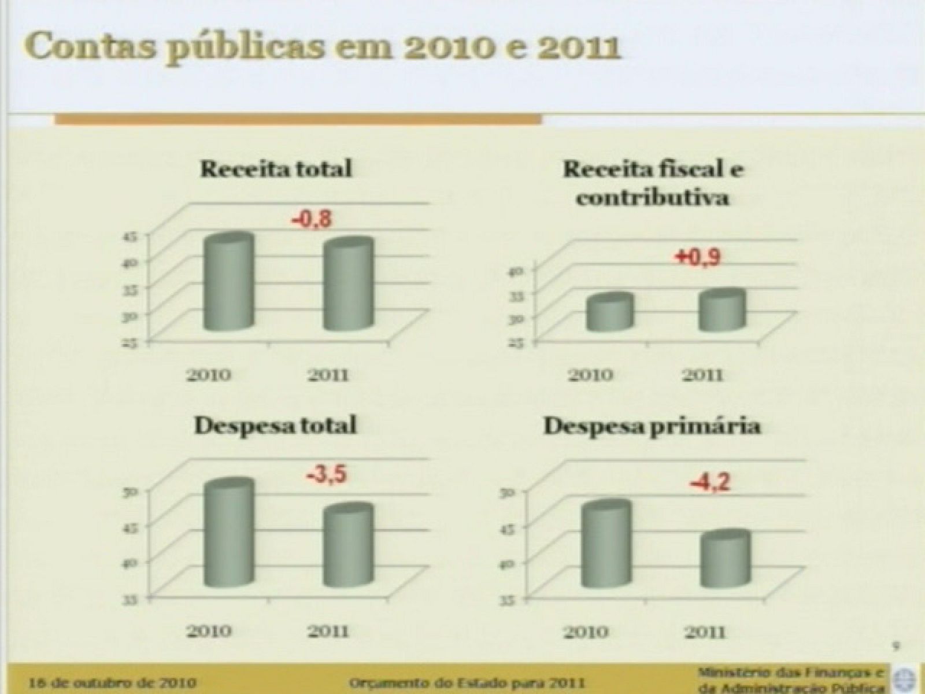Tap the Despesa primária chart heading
click(x=653, y=427)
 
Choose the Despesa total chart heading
click(x=275, y=426)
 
